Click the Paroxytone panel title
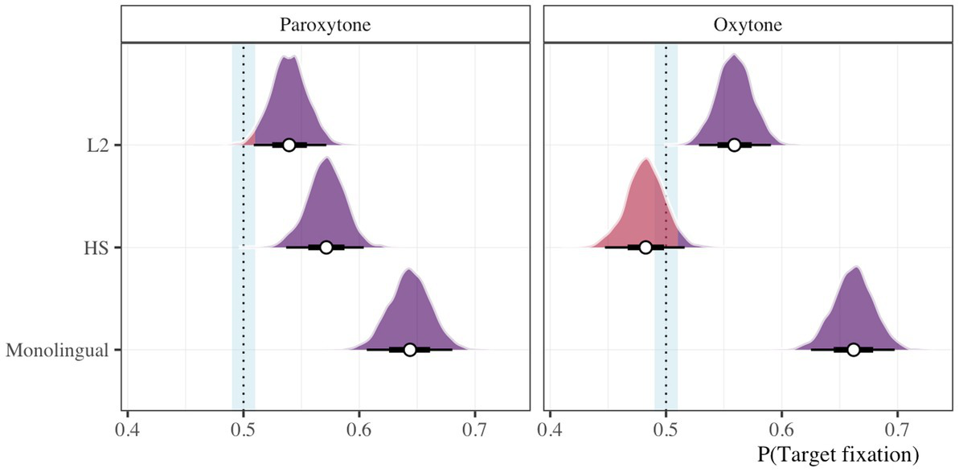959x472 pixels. (x=325, y=24)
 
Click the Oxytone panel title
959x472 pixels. (x=748, y=24)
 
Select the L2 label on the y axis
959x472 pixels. (x=100, y=146)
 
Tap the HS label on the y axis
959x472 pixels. (x=100, y=248)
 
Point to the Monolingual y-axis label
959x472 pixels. (x=58, y=351)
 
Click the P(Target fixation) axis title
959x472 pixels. (x=838, y=455)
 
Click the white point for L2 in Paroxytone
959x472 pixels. (x=289, y=145)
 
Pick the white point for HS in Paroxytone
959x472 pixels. (x=326, y=247)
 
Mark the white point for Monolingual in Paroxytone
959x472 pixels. (x=410, y=350)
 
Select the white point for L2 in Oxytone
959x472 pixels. (x=734, y=145)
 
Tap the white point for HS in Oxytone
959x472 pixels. (x=645, y=247)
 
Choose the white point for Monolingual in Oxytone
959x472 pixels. (x=854, y=350)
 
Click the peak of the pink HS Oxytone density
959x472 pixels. (x=645, y=160)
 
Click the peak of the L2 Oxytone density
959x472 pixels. (x=734, y=55)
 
